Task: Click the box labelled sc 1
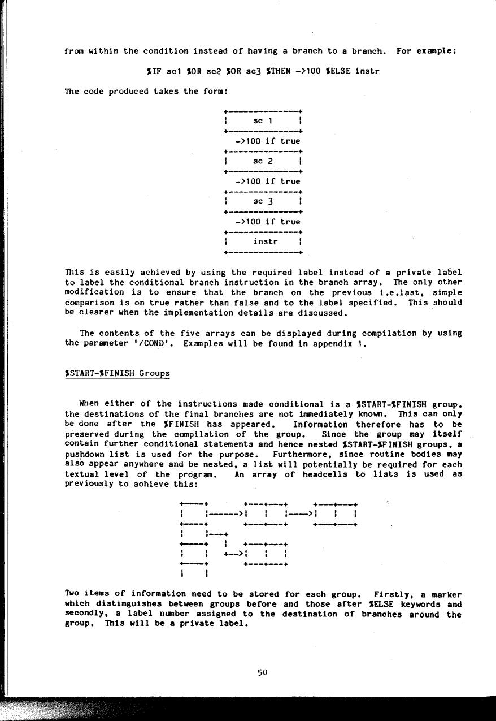click(263, 120)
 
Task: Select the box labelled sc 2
click(263, 161)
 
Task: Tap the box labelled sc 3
click(263, 201)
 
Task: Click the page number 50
click(262, 672)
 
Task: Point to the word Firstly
click(393, 594)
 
